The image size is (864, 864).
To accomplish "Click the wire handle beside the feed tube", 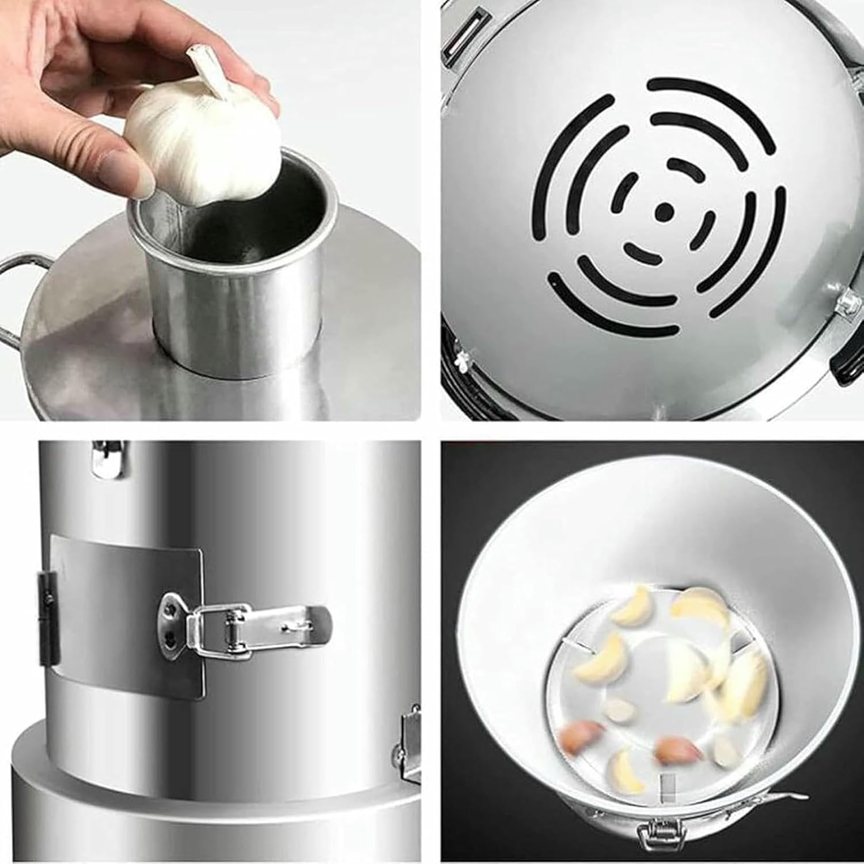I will (17, 294).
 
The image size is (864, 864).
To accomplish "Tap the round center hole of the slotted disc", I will (664, 211).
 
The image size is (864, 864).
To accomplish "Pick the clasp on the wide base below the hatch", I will (410, 743).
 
